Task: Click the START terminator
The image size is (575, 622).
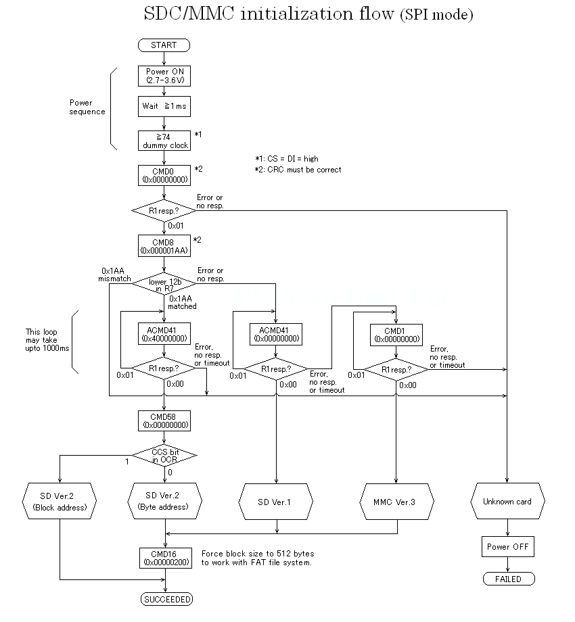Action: click(x=164, y=45)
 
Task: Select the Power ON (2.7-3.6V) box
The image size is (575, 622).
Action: click(x=164, y=76)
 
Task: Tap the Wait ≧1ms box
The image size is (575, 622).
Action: click(x=164, y=106)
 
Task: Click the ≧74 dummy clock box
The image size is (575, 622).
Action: click(x=164, y=141)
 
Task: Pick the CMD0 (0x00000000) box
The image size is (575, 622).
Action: click(x=164, y=175)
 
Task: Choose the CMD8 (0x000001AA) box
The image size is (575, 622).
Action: click(x=164, y=245)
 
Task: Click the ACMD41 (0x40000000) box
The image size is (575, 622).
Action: click(x=164, y=333)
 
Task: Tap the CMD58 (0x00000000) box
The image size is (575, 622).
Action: click(x=164, y=421)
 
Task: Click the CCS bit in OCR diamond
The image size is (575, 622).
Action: click(x=164, y=456)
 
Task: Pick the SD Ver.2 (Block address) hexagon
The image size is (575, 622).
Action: click(x=60, y=502)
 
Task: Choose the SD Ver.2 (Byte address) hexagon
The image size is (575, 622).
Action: click(x=163, y=502)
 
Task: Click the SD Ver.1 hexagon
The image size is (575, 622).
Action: click(x=276, y=502)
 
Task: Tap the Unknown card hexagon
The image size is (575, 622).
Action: click(x=507, y=502)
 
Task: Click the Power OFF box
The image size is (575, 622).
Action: click(x=507, y=546)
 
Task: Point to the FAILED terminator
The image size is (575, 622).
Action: click(x=508, y=579)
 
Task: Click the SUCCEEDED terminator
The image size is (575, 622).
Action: click(x=166, y=599)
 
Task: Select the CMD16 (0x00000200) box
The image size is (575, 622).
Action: click(x=164, y=558)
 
